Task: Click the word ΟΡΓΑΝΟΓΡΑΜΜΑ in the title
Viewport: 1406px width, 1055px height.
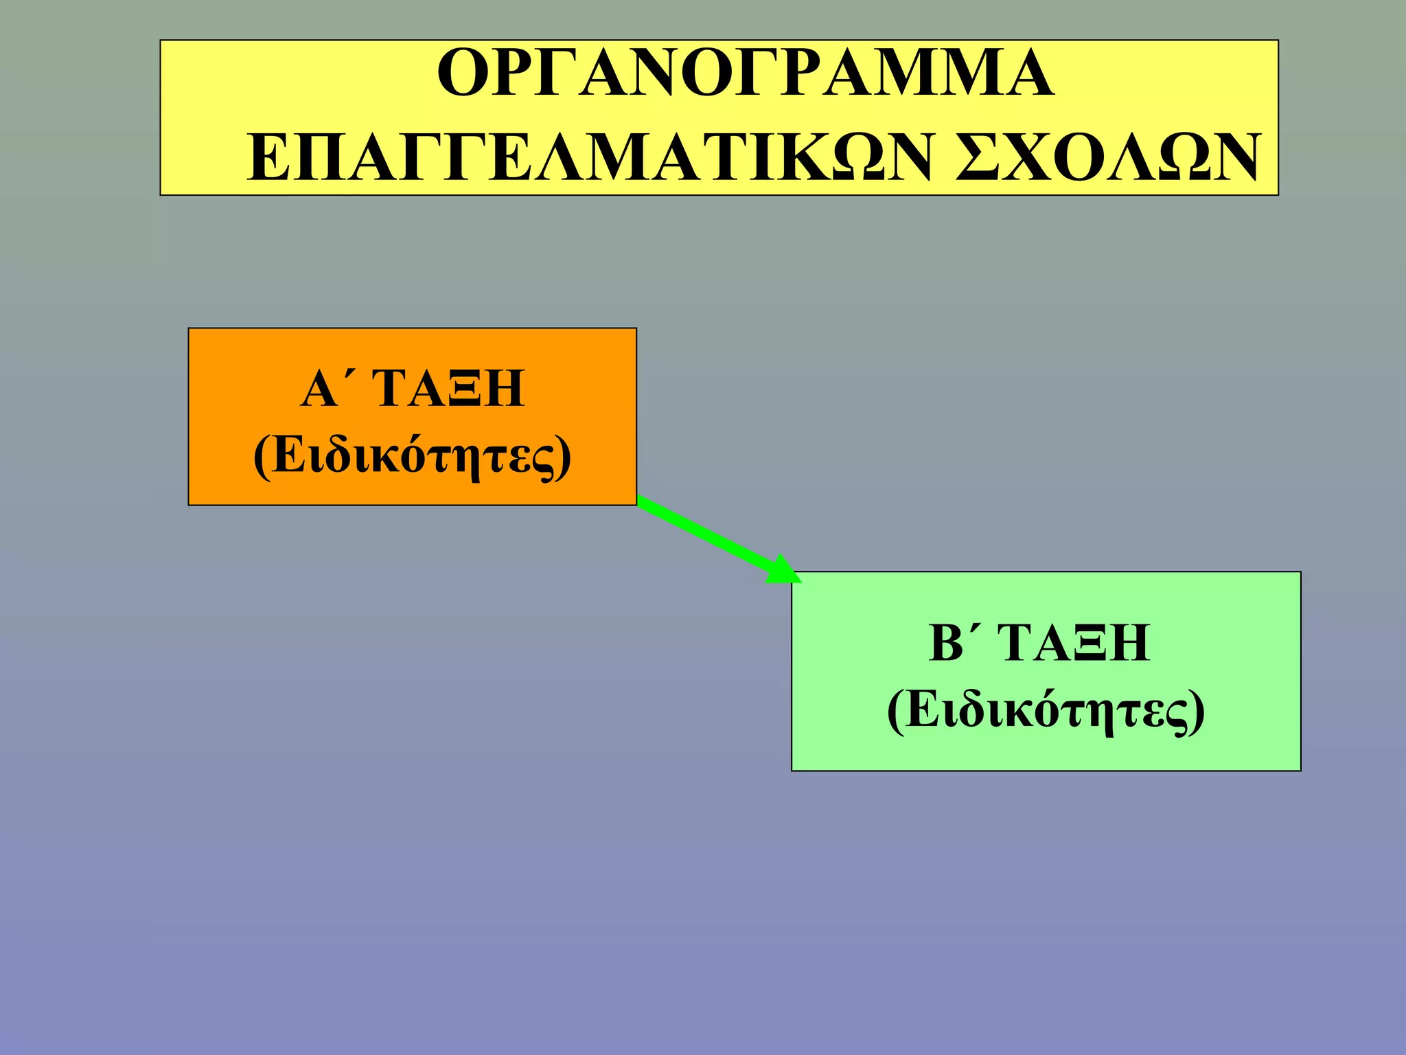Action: click(745, 73)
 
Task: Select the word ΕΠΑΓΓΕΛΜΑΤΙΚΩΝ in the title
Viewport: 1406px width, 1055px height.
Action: click(590, 159)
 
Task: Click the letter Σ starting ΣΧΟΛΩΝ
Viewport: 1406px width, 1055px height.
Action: click(980, 159)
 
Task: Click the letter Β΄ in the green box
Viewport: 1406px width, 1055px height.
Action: click(949, 643)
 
